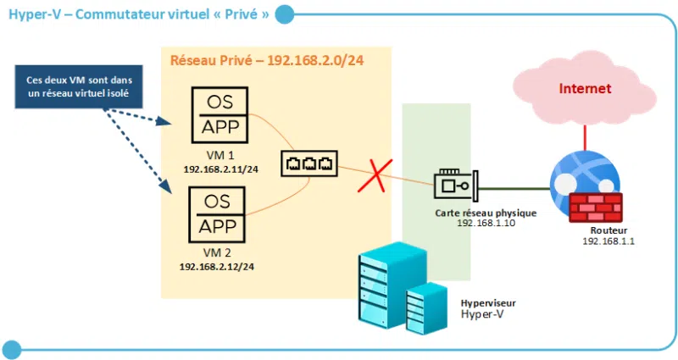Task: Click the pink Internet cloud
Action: (x=585, y=90)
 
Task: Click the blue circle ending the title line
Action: (x=285, y=14)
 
